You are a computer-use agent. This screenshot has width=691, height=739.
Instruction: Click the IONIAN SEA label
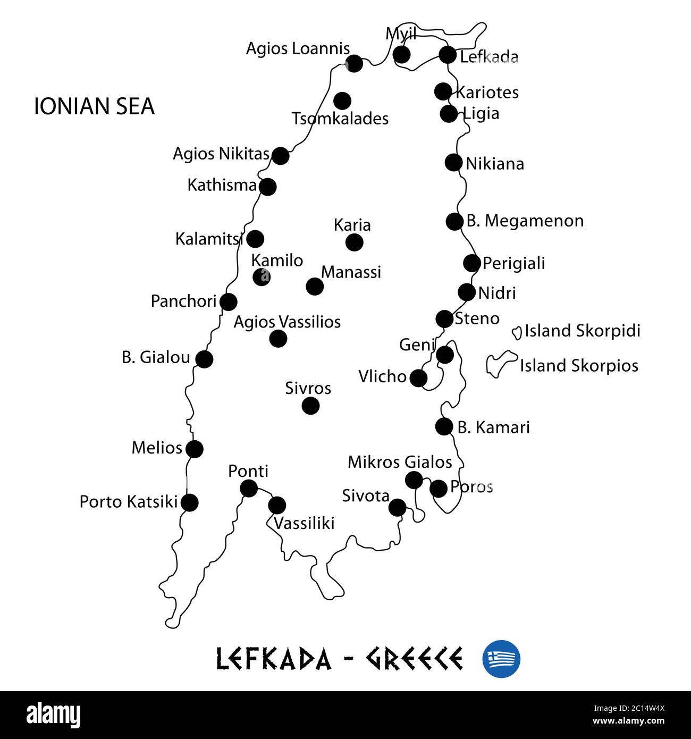coord(94,106)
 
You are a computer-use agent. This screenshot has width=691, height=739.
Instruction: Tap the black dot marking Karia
coord(354,242)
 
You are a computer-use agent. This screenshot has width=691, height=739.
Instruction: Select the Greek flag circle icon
coord(501,659)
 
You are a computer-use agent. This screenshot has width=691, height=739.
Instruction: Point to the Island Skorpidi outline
coord(516,332)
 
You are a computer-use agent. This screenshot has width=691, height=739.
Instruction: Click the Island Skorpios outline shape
coord(500,364)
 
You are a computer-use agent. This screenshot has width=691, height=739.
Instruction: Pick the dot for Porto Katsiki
coord(189,502)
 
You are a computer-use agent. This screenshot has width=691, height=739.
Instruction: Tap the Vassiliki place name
coord(304,523)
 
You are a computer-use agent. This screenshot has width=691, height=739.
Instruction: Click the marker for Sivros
coord(310,406)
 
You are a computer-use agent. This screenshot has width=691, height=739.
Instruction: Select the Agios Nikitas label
coord(221,154)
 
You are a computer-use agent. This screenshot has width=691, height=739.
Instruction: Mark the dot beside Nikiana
coord(453,162)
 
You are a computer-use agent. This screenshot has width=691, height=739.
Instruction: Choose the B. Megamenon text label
coord(525,221)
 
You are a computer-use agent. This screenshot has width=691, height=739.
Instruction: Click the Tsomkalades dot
coord(342,100)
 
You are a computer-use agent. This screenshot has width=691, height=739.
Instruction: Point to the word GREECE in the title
coord(414,659)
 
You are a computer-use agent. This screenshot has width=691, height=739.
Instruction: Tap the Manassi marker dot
coord(315,287)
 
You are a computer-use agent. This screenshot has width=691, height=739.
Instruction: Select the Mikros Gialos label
coord(400,462)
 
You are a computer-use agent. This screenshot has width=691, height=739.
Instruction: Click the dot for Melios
coord(195,449)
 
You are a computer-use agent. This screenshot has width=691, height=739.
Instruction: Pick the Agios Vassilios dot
coord(278,338)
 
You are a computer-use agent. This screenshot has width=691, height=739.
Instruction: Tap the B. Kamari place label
coord(493,427)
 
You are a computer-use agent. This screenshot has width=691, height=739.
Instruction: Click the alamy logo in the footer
coord(53,716)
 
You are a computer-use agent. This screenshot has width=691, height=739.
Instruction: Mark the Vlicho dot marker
coord(418,378)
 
